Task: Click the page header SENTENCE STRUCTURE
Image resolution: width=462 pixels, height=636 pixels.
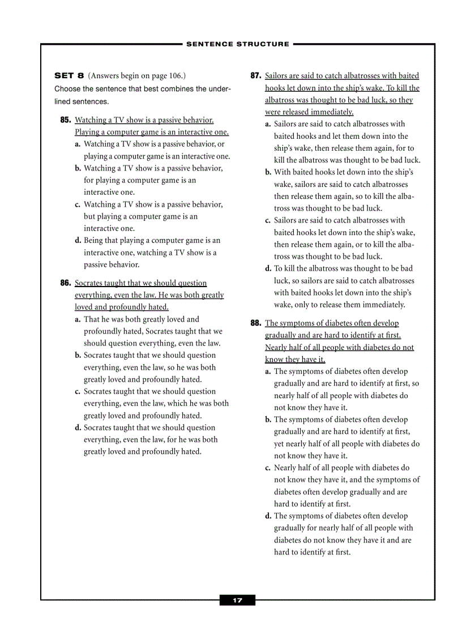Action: click(x=237, y=44)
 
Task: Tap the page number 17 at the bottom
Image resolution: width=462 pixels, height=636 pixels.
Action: click(x=237, y=600)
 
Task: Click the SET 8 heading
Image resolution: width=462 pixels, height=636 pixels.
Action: click(x=69, y=75)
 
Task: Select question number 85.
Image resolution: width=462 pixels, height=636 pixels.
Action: click(x=65, y=120)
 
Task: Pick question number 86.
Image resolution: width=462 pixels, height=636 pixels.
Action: click(x=65, y=283)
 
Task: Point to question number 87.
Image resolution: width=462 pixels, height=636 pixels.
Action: click(x=255, y=76)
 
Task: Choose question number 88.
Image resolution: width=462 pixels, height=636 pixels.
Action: click(x=255, y=323)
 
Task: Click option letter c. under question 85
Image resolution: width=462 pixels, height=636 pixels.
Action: click(x=78, y=204)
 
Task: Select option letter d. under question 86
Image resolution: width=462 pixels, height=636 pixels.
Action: click(x=78, y=428)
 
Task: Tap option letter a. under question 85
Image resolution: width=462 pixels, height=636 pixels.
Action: click(x=78, y=144)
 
